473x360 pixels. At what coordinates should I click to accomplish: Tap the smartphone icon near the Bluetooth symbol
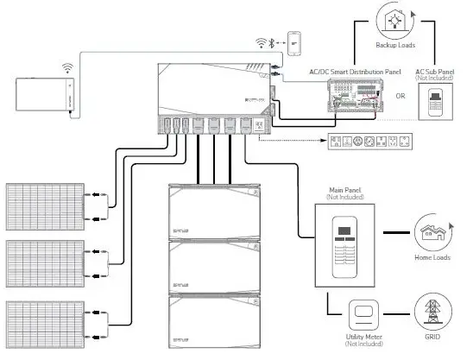pyautogui.click(x=295, y=42)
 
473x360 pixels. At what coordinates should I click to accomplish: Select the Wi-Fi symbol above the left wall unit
pyautogui.click(x=66, y=66)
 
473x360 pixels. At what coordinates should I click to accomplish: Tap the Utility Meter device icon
pyautogui.click(x=366, y=312)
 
